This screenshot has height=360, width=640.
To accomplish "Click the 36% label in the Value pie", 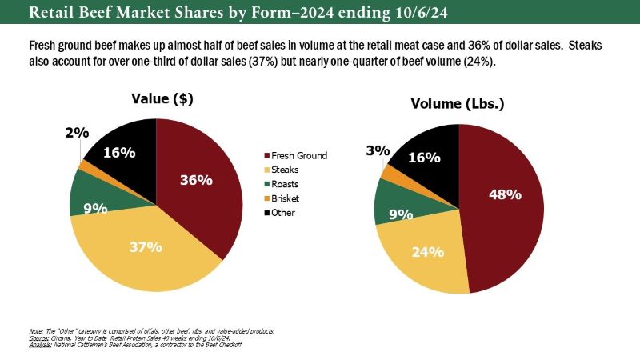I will click(195, 180).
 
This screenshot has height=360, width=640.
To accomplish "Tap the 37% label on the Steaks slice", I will click(146, 246).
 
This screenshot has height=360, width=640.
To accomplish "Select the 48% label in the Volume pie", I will click(505, 194).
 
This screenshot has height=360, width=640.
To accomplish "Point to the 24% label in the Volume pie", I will click(427, 252).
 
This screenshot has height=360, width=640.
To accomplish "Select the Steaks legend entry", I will click(286, 170).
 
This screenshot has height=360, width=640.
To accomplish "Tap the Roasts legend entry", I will click(286, 184).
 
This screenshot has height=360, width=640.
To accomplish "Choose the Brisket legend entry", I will click(287, 198).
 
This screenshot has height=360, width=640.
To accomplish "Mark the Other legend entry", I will click(284, 213).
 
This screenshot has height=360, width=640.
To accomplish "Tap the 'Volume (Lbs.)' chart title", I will click(457, 104).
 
